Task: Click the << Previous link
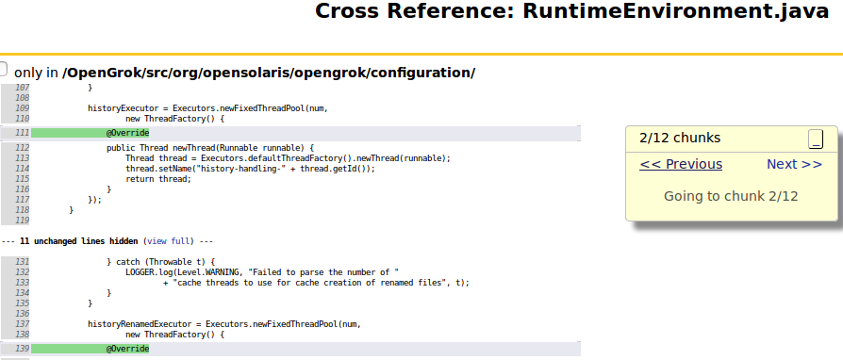[680, 164]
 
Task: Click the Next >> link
[794, 164]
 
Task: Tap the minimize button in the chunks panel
[816, 139]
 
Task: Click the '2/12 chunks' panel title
[679, 138]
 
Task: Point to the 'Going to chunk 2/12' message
[731, 196]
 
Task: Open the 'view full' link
[169, 241]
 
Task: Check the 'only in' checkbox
[3, 71]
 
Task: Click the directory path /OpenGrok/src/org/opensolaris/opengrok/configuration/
[269, 73]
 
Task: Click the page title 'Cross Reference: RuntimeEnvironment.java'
[578, 12]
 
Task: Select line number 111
[22, 133]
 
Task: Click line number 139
[22, 349]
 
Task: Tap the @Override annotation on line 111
[127, 133]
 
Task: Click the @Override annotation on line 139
[127, 349]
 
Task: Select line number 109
[22, 108]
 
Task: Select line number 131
[22, 261]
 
